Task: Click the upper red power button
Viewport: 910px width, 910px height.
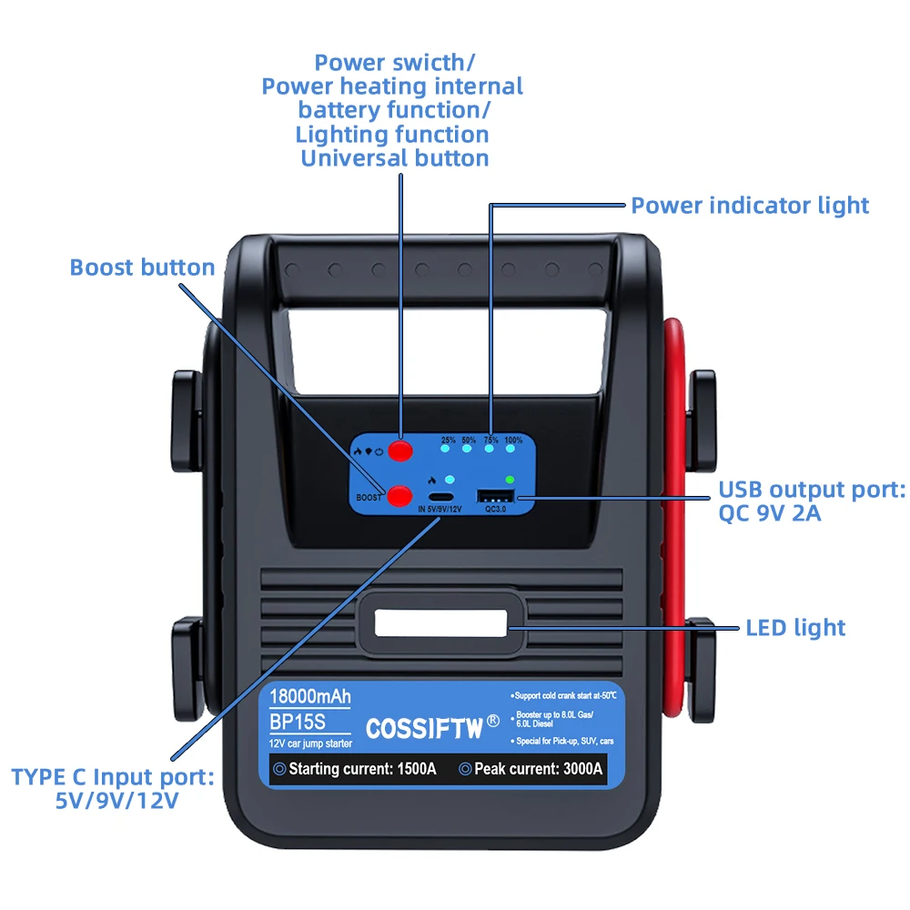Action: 399,450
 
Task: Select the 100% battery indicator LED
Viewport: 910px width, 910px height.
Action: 513,447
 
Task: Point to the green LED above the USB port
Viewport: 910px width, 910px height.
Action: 510,480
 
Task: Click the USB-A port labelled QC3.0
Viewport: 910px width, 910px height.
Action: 494,496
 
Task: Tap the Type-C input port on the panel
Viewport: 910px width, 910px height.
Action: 441,496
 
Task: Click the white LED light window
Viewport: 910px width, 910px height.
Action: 440,623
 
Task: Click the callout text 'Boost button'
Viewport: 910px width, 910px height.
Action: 142,268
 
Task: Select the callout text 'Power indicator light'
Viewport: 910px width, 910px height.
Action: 750,206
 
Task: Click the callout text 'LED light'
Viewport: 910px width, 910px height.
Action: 795,628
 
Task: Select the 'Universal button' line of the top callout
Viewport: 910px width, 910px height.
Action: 394,158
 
